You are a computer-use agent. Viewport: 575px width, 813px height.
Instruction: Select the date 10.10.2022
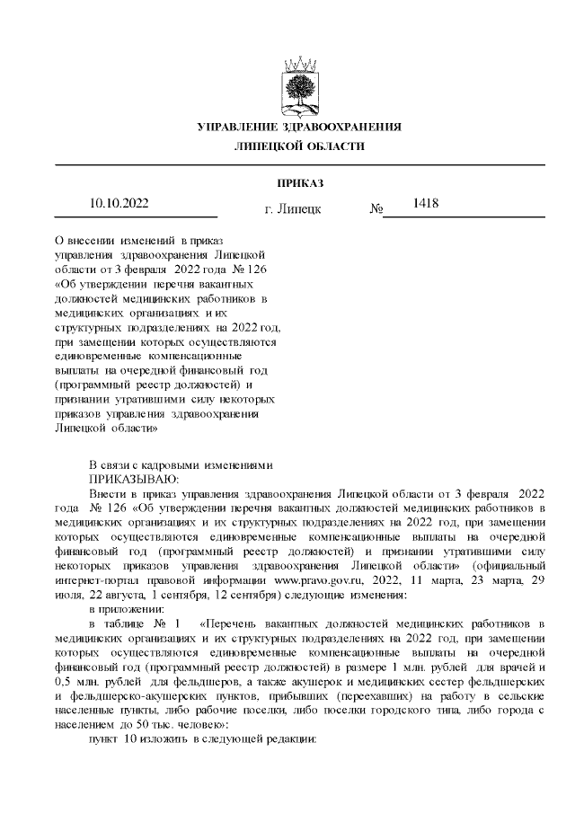click(119, 203)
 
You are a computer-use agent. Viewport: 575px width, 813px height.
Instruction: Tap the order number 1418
click(425, 203)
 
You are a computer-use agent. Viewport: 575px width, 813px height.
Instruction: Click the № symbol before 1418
click(376, 209)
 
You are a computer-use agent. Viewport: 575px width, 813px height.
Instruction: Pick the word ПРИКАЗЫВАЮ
click(135, 478)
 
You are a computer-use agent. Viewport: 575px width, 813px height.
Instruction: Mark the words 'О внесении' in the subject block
click(85, 241)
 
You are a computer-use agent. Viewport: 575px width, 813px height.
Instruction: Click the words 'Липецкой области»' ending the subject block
click(107, 428)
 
